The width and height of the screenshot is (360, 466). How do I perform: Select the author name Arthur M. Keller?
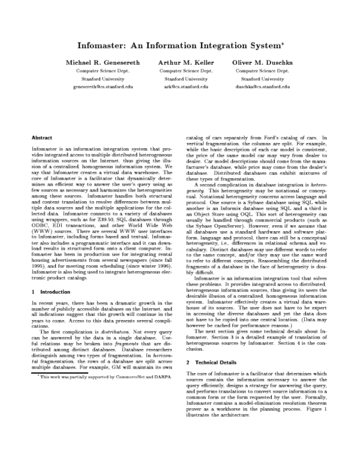pos(186,62)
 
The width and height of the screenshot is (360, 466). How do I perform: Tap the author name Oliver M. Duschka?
pos(263,62)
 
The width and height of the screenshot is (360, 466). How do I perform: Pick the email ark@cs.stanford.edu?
pos(186,86)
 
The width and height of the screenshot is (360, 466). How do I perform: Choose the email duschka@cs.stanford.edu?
pos(263,86)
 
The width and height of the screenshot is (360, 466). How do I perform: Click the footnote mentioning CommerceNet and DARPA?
pos(95,375)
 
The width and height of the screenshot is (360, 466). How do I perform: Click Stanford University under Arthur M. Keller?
pos(186,79)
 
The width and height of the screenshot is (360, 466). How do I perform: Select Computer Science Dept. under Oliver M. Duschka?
pos(263,70)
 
